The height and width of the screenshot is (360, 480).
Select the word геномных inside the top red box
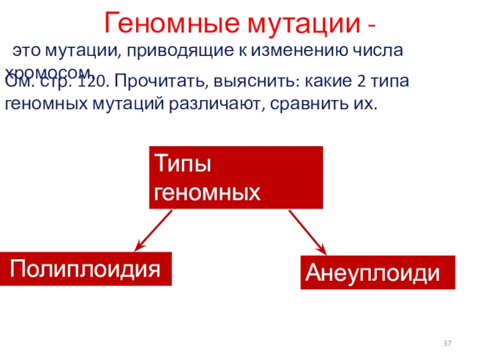pyautogui.click(x=208, y=192)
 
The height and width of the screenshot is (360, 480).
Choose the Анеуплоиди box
pyautogui.click(x=377, y=273)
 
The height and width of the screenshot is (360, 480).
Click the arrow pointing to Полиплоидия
pyautogui.click(x=152, y=230)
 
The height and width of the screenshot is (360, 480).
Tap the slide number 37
pyautogui.click(x=447, y=343)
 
